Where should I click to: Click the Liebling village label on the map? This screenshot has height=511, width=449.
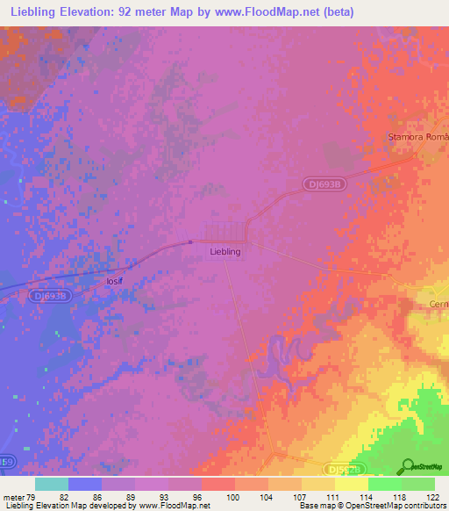coord(225,251)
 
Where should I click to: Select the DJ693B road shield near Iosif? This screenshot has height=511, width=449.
coord(50,296)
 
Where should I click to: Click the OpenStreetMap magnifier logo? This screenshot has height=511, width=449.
coord(407,467)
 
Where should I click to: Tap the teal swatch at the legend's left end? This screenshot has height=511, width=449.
coord(52,484)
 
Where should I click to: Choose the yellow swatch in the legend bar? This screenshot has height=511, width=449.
coord(351,484)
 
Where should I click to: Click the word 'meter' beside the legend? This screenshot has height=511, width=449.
coord(11,497)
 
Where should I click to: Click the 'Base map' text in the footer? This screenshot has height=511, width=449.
coord(317,506)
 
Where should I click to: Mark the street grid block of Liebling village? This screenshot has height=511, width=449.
coord(225,232)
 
